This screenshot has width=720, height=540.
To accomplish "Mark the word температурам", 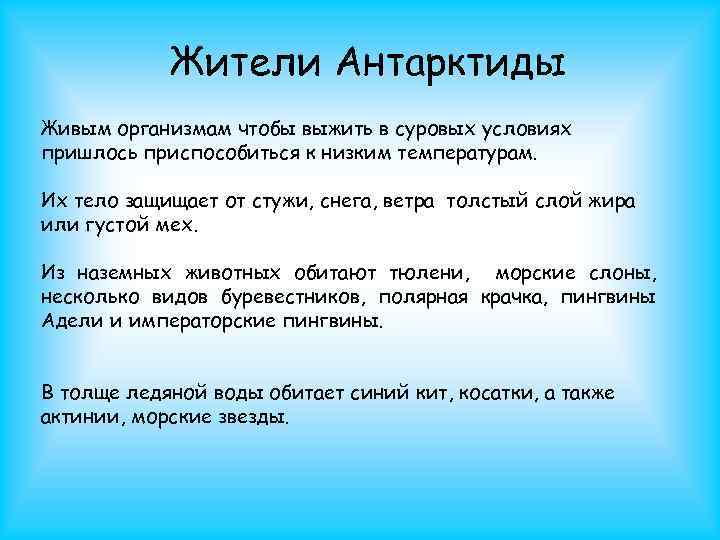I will [466, 155].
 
